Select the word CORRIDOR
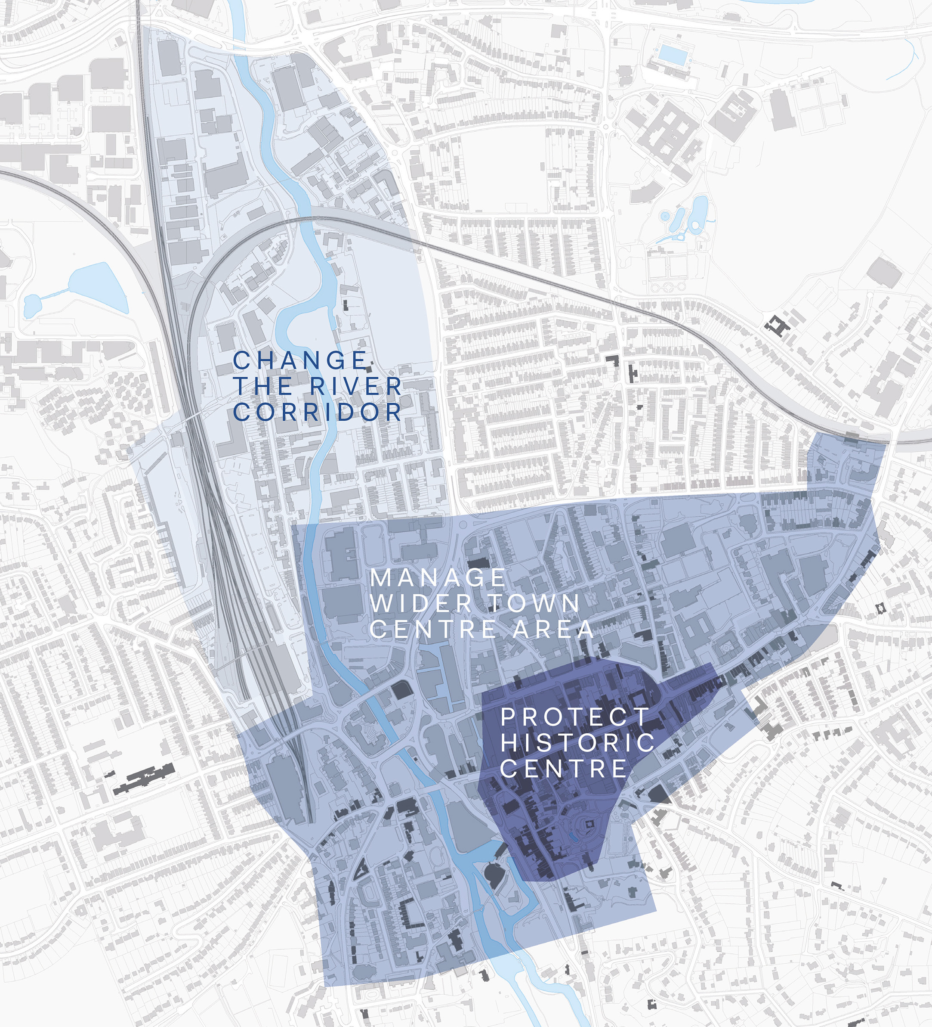click(x=317, y=412)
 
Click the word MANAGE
click(x=437, y=578)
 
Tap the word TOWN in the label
click(x=534, y=604)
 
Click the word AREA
click(x=553, y=630)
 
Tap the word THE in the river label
click(x=262, y=386)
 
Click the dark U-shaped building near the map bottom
click(x=410, y=915)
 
